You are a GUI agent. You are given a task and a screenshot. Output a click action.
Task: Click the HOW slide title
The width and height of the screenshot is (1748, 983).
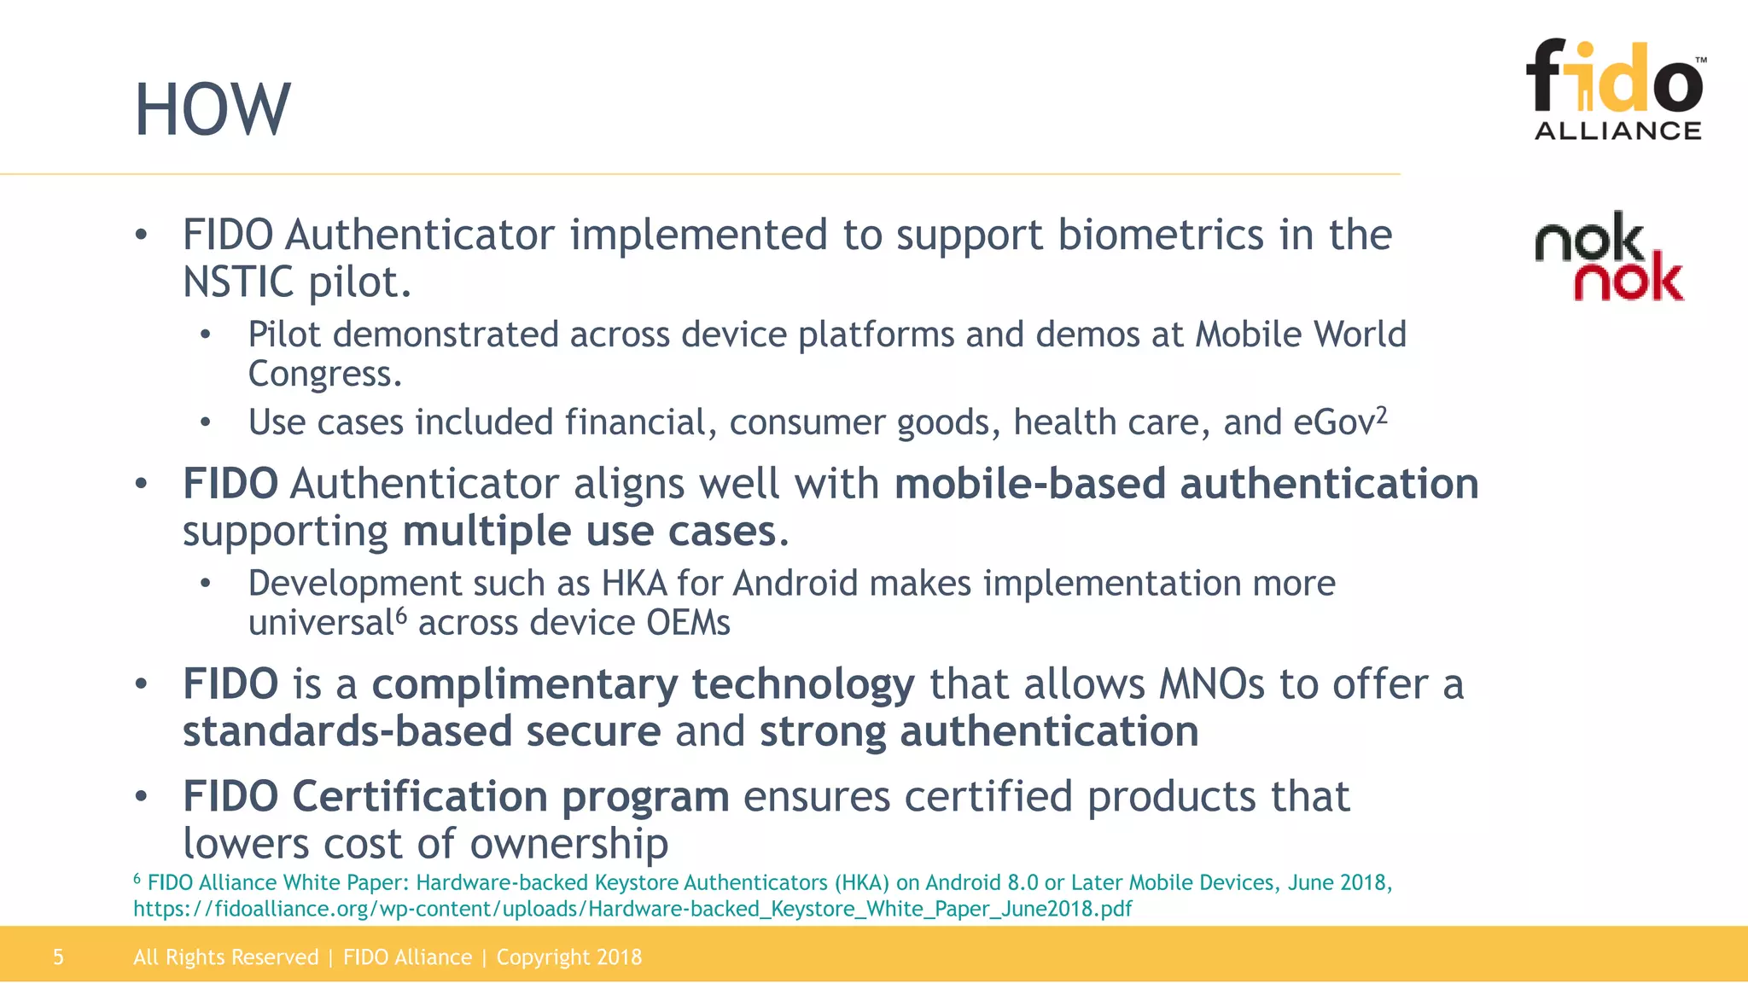(x=213, y=110)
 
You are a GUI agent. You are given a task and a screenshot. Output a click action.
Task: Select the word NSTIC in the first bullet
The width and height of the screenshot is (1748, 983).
(x=238, y=282)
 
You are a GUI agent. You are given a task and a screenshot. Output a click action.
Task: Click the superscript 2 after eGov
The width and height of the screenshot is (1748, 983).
(x=1382, y=415)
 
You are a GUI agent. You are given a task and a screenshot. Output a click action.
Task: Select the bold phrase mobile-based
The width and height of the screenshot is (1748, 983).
(x=1029, y=484)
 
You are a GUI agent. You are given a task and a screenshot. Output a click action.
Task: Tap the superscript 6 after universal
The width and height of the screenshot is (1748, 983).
(x=401, y=614)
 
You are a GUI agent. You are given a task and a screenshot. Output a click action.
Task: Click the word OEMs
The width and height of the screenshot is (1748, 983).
(x=688, y=623)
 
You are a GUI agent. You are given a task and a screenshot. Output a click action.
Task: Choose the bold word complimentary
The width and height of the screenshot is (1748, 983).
(x=643, y=685)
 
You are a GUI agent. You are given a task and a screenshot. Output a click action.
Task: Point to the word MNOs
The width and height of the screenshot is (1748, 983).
(x=1211, y=685)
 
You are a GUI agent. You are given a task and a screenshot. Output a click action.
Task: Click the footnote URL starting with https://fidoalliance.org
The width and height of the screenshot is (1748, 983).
(x=632, y=909)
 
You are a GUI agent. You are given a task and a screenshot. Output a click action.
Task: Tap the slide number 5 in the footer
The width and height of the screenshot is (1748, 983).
(x=58, y=957)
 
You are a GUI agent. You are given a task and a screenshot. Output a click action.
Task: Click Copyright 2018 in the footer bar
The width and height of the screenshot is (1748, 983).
(x=568, y=957)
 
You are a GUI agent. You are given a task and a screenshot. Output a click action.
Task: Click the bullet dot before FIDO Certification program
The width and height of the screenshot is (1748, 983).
(x=142, y=797)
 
